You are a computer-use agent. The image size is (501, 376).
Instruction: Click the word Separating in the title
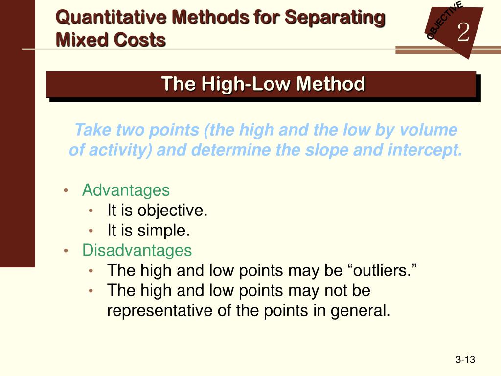pyautogui.click(x=335, y=18)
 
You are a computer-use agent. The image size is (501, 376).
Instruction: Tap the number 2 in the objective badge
pyautogui.click(x=463, y=33)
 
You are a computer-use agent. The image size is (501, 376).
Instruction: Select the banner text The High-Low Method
pyautogui.click(x=263, y=84)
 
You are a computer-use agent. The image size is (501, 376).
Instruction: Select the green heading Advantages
pyautogui.click(x=126, y=190)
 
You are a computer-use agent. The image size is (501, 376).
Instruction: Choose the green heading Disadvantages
pyautogui.click(x=137, y=250)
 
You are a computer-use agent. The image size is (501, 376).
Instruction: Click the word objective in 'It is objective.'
pyautogui.click(x=172, y=211)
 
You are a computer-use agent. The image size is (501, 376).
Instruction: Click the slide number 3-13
pyautogui.click(x=465, y=360)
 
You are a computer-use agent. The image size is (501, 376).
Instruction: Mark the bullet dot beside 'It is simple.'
pyautogui.click(x=91, y=231)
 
